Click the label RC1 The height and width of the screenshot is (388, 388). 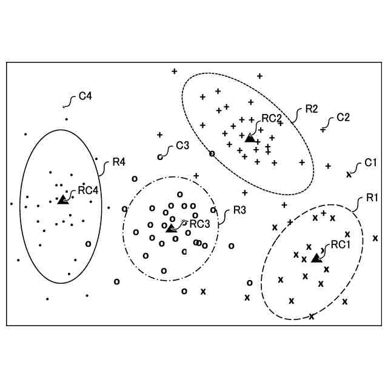click(341, 245)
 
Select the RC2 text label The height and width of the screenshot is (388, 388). click(271, 118)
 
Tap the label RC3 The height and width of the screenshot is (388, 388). click(199, 224)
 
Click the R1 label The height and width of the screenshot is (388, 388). click(372, 198)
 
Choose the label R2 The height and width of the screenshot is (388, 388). click(312, 109)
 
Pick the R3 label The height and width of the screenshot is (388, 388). click(239, 211)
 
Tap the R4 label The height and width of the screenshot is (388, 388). click(119, 162)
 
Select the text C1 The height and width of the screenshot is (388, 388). click(371, 163)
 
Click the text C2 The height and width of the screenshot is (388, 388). click(343, 117)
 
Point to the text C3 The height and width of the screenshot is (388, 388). click(182, 145)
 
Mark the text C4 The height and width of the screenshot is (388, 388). click(85, 96)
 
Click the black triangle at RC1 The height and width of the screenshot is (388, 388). click(315, 258)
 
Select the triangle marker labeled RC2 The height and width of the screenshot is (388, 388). click(250, 138)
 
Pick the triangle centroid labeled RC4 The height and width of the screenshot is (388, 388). click(62, 199)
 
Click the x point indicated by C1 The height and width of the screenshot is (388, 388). click(349, 175)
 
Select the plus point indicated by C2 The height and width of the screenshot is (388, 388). click(323, 130)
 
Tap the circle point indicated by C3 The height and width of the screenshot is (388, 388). click(160, 157)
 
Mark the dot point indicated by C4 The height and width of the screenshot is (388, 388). click(65, 107)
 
